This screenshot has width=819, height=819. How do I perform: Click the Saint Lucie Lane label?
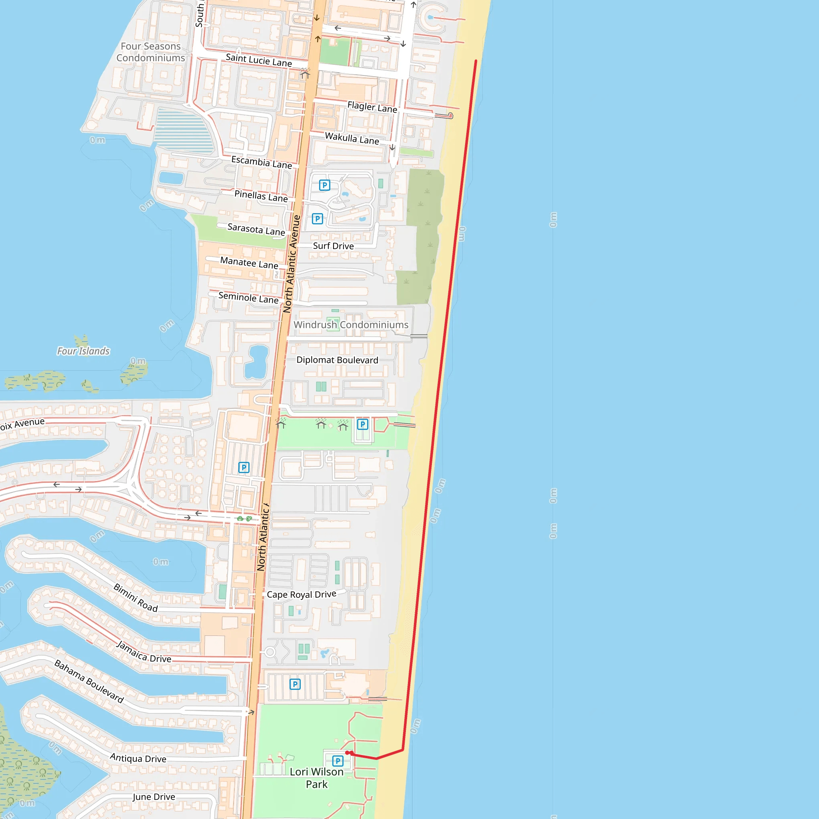click(x=259, y=60)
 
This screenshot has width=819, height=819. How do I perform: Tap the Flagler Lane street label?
click(x=372, y=107)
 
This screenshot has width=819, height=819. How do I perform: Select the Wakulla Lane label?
click(x=352, y=139)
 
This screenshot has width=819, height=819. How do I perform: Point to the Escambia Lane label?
click(x=262, y=162)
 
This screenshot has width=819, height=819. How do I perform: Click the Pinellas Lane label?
click(x=261, y=196)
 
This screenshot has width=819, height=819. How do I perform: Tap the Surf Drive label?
click(x=333, y=246)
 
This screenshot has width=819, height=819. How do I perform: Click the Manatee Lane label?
click(x=249, y=263)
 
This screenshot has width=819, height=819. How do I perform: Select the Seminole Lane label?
click(x=248, y=298)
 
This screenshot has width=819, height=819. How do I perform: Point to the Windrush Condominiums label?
click(x=351, y=325)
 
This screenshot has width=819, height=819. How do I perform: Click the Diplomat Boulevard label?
click(x=337, y=360)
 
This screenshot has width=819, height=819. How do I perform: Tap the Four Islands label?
click(x=83, y=351)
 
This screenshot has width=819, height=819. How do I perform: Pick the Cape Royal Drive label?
click(x=302, y=594)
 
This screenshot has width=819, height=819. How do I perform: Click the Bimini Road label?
click(x=136, y=598)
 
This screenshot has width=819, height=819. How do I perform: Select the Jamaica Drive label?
click(x=144, y=652)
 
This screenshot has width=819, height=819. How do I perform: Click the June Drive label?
click(x=154, y=797)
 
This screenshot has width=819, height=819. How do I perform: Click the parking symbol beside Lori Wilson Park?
click(x=338, y=761)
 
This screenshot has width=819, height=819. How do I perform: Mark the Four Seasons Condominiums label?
click(x=150, y=52)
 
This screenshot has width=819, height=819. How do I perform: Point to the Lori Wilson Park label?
click(x=317, y=778)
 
